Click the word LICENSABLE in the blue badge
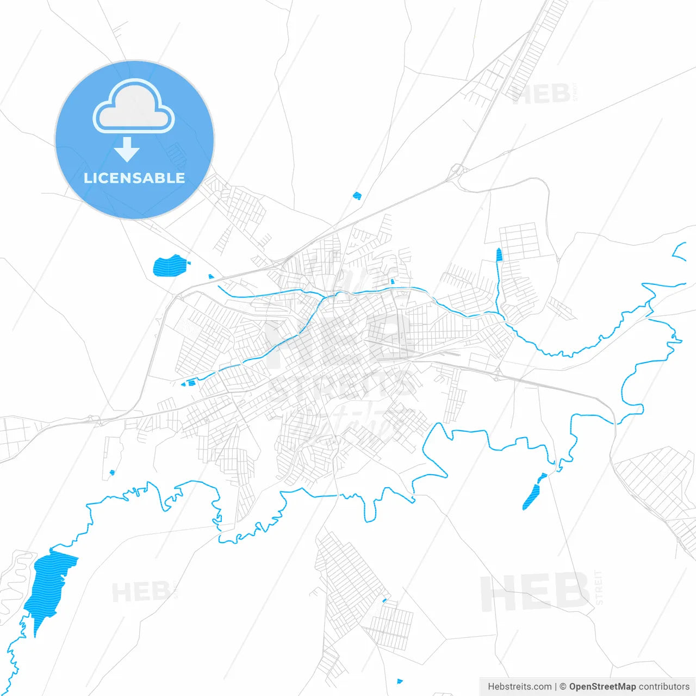click(x=134, y=178)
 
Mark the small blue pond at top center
click(x=357, y=196)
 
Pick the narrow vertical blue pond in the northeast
click(x=499, y=257)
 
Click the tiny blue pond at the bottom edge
click(x=400, y=681)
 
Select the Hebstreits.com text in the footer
click(x=519, y=687)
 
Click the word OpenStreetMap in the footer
click(x=602, y=687)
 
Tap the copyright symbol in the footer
click(x=563, y=687)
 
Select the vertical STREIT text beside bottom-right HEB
click(x=599, y=587)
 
